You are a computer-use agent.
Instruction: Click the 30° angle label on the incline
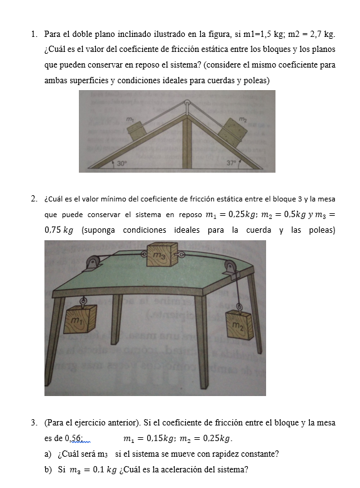tap(122, 163)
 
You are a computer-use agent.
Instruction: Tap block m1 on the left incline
tap(136, 130)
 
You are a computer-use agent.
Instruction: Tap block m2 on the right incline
tap(232, 132)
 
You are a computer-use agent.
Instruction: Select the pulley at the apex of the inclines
tap(187, 103)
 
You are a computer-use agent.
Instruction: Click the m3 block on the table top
tap(162, 255)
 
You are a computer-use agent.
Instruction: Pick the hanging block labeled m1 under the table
tap(80, 319)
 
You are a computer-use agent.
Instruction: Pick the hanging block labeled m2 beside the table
tap(239, 325)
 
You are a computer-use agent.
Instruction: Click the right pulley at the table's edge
tap(230, 267)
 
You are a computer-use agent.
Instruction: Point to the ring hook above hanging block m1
tap(83, 301)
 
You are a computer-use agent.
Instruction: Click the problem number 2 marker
tap(34, 199)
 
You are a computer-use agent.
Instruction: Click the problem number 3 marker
tap(34, 423)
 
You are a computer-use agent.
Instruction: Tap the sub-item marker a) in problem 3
tap(48, 454)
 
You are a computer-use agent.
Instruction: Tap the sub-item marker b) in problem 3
tap(48, 469)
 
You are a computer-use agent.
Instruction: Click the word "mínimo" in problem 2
tap(113, 199)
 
